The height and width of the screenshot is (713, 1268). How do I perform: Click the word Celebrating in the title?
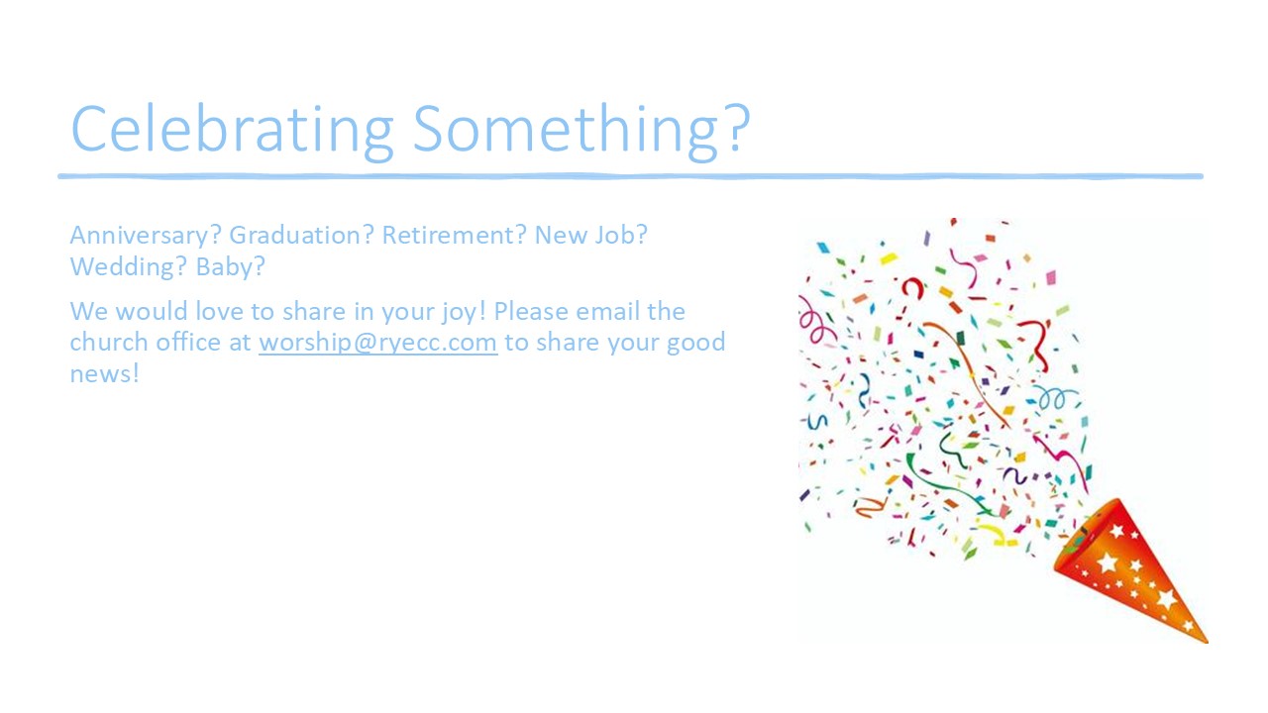pos(232,130)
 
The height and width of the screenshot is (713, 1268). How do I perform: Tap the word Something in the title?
pos(566,130)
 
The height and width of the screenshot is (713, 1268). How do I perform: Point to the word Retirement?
pos(449,235)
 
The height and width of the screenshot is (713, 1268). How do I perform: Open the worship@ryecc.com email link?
pos(378,343)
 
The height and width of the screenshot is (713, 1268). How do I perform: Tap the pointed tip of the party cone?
pos(1208,643)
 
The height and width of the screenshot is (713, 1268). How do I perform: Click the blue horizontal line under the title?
pos(631,176)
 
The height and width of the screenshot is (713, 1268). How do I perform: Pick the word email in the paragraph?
pos(608,311)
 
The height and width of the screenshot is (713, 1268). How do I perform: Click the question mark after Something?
pos(738,129)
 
